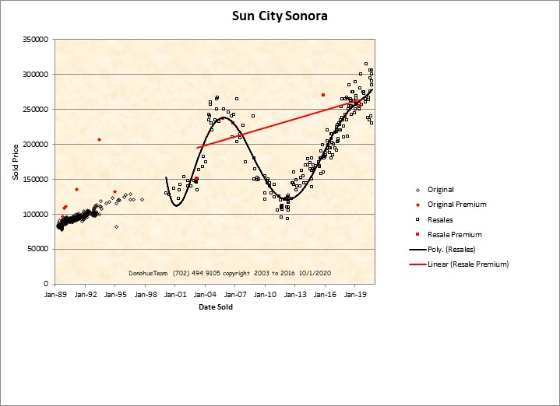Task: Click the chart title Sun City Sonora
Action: (280, 16)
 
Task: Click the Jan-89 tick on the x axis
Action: (55, 296)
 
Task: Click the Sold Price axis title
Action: (15, 162)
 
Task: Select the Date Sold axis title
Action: (215, 307)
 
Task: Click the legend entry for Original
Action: (440, 190)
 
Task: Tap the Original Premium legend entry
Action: (456, 205)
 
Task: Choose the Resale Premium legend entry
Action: (454, 234)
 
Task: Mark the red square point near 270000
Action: (322, 95)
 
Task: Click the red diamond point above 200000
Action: (99, 139)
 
